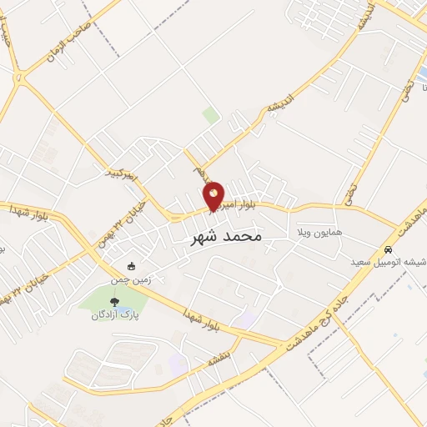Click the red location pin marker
[x=214, y=196]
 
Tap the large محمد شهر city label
[x=221, y=237]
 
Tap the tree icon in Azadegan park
[x=114, y=302]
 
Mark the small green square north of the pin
[x=212, y=115]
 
